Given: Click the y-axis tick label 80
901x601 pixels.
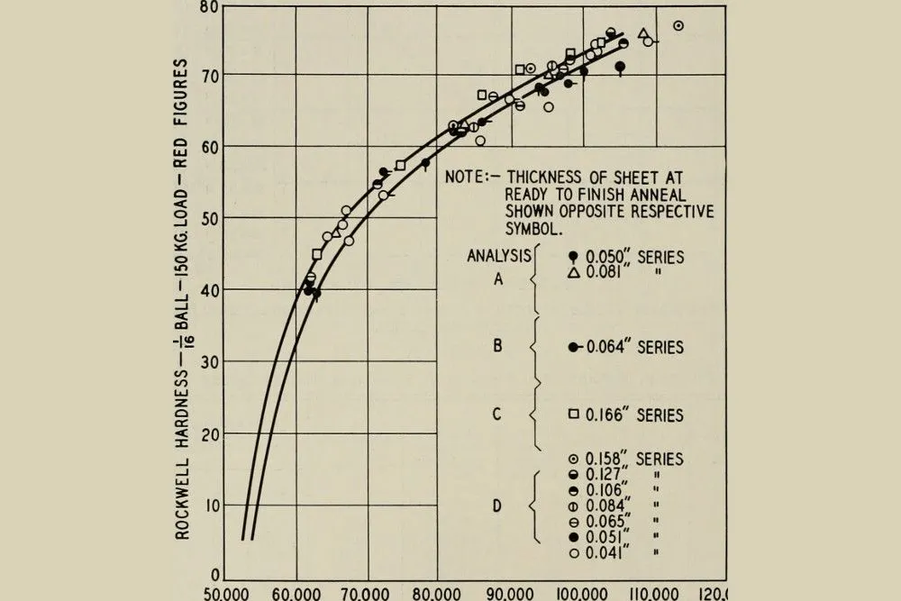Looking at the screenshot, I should click(209, 8).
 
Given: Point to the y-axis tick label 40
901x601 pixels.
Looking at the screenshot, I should click(209, 289).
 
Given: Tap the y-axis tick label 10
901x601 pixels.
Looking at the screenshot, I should click(209, 505).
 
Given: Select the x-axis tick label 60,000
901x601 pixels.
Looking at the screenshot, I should click(296, 593).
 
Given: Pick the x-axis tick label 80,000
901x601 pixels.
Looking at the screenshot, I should click(438, 593).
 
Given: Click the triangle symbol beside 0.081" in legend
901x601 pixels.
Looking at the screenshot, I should click(574, 273).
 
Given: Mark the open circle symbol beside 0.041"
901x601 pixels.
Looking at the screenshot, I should click(574, 553).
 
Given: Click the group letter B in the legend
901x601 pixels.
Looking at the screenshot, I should click(498, 346).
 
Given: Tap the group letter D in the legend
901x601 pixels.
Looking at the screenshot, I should click(497, 505).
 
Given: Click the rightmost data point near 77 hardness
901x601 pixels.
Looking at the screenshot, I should click(678, 26).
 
